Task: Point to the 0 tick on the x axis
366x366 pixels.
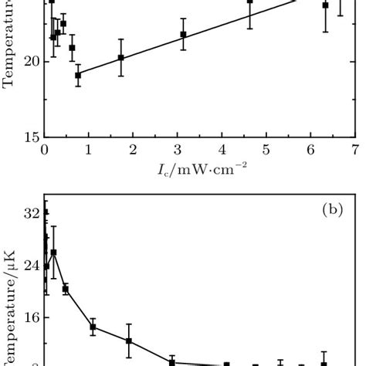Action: point(44,149)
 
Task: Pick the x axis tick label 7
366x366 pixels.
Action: point(355,149)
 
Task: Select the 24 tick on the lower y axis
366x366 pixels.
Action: point(32,266)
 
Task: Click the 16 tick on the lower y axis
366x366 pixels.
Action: point(32,317)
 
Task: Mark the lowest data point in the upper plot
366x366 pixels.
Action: point(78,75)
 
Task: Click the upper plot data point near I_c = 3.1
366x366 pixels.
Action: point(183,34)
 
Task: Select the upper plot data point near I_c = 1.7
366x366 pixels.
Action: point(121,57)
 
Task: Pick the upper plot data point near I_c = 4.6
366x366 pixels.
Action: point(250,2)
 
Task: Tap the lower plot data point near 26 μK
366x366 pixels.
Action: point(53,252)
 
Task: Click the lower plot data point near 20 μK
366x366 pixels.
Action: point(66,289)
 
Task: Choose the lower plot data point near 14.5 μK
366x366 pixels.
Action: point(93,327)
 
